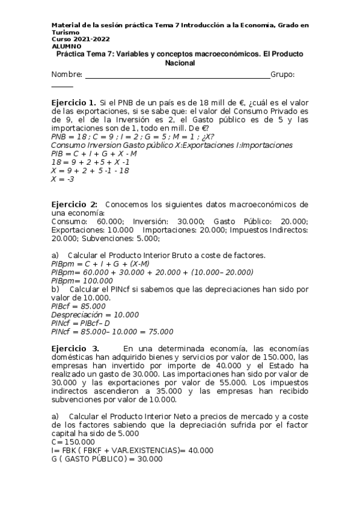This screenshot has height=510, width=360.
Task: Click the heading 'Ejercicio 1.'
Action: click(x=74, y=103)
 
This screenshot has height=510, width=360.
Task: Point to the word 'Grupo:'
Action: click(x=282, y=74)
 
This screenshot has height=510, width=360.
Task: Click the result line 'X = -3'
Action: click(x=63, y=179)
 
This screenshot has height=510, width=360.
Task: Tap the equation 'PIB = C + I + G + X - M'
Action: click(x=94, y=154)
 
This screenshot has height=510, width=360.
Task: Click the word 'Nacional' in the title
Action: click(x=180, y=63)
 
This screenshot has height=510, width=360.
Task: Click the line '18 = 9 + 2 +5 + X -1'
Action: click(x=91, y=162)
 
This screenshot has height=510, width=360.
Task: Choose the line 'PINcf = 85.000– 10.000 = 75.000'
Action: click(x=112, y=331)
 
